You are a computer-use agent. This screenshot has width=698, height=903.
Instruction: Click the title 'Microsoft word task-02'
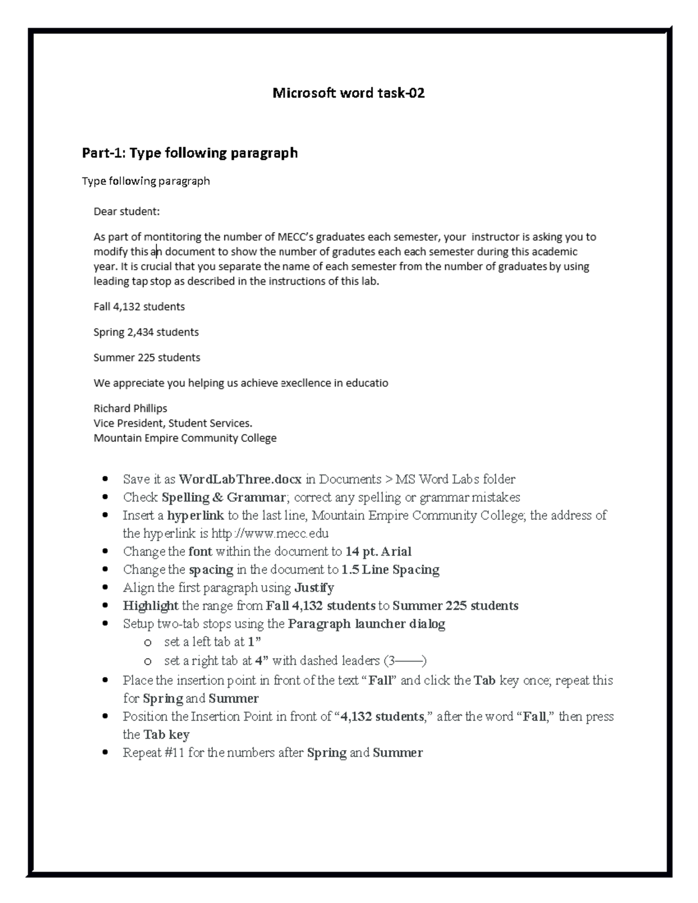[x=348, y=93]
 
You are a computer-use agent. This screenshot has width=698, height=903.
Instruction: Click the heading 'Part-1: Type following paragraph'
[x=190, y=153]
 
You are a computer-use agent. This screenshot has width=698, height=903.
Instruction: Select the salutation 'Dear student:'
[x=126, y=212]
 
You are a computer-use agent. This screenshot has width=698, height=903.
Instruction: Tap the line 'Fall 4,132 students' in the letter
[x=139, y=306]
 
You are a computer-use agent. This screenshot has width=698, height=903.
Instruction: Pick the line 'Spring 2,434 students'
[x=146, y=332]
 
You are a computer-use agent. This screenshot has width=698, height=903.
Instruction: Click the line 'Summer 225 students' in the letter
[x=147, y=358]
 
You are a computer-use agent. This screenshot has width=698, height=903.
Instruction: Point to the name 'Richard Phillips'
[x=130, y=408]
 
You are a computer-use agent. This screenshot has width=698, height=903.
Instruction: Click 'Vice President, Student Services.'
[x=173, y=423]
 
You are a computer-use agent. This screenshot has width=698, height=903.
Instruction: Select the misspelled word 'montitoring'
[x=173, y=237]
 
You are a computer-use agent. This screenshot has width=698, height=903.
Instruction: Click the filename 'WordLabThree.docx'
[x=240, y=480]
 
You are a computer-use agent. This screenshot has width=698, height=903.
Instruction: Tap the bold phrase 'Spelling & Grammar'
[x=223, y=498]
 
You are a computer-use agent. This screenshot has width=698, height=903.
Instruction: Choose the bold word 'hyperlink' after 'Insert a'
[x=195, y=516]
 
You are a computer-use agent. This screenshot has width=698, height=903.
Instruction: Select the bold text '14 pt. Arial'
[x=378, y=552]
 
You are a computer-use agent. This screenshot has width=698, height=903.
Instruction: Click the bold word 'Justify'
[x=314, y=588]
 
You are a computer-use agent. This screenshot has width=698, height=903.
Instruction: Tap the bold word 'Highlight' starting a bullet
[x=151, y=606]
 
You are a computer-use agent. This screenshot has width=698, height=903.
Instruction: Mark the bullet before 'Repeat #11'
[x=105, y=753]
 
